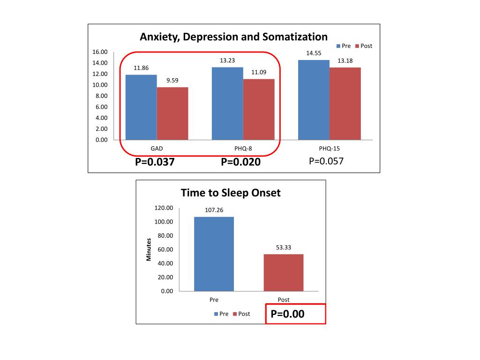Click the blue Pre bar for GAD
click(141, 107)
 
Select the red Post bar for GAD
click(172, 113)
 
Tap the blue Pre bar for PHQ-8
click(227, 104)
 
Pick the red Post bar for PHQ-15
click(345, 104)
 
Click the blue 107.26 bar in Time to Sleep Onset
click(214, 254)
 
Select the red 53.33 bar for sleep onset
click(284, 272)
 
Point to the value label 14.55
click(314, 53)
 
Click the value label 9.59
click(172, 80)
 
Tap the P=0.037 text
click(155, 162)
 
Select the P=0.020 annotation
click(240, 162)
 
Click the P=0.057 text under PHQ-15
click(326, 161)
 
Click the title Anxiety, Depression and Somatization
click(233, 37)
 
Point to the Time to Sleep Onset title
click(231, 193)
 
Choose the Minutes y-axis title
click(149, 249)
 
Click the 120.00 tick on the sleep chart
click(164, 208)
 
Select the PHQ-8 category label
click(243, 149)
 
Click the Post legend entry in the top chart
click(363, 46)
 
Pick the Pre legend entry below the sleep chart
click(221, 314)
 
